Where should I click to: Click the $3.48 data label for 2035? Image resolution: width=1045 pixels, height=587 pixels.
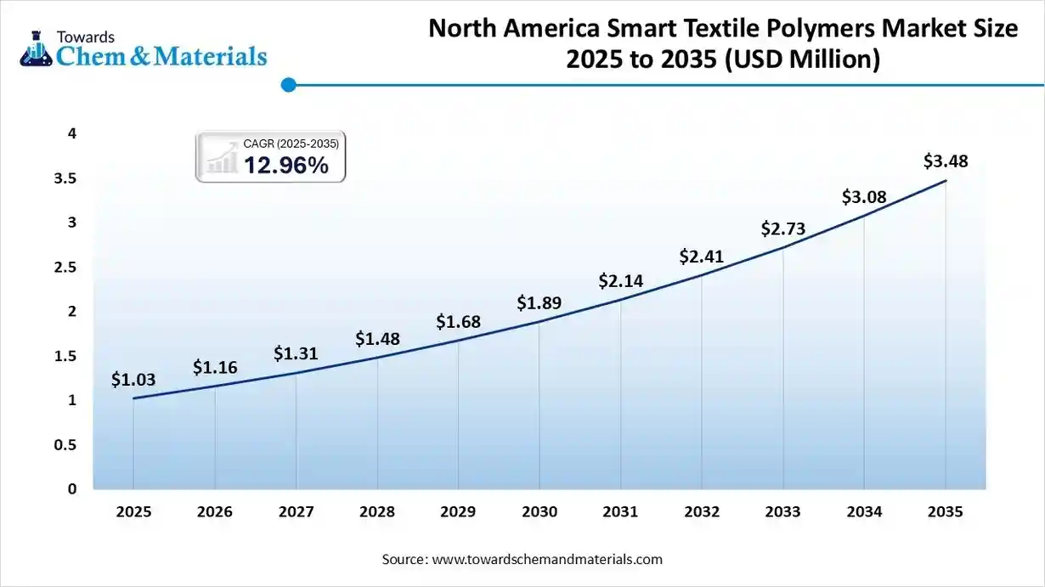pyautogui.click(x=946, y=161)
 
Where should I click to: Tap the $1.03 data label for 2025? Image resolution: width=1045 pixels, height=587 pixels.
pyautogui.click(x=133, y=380)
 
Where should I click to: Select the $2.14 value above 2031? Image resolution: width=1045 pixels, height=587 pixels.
pyautogui.click(x=620, y=280)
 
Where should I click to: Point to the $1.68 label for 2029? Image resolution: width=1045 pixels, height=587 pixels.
pyautogui.click(x=458, y=322)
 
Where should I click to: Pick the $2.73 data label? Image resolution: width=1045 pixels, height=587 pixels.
pyautogui.click(x=782, y=229)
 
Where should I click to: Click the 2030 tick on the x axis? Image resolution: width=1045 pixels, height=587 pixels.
pyautogui.click(x=539, y=511)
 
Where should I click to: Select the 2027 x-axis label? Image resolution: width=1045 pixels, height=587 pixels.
pyautogui.click(x=296, y=511)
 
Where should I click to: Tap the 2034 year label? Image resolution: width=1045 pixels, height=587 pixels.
pyautogui.click(x=864, y=511)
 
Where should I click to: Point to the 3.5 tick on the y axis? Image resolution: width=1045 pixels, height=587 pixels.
pyautogui.click(x=66, y=178)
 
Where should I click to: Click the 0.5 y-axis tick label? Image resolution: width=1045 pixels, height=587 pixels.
pyautogui.click(x=66, y=445)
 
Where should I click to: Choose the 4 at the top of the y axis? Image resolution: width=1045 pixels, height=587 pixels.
pyautogui.click(x=72, y=133)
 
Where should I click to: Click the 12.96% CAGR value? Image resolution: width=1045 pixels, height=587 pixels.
pyautogui.click(x=286, y=166)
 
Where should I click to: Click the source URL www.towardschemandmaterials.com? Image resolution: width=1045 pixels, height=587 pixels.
pyautogui.click(x=547, y=560)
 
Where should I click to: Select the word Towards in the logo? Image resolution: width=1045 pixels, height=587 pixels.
pyautogui.click(x=85, y=37)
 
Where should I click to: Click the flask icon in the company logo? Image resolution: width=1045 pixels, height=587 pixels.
pyautogui.click(x=37, y=48)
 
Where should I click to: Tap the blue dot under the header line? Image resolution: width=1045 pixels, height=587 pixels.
pyautogui.click(x=288, y=84)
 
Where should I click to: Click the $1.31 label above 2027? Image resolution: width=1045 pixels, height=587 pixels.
pyautogui.click(x=296, y=353)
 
